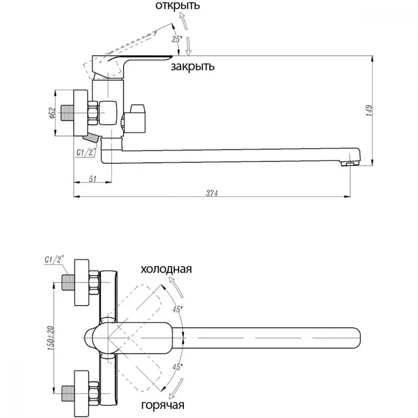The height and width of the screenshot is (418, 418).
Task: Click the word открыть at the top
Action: (178, 5)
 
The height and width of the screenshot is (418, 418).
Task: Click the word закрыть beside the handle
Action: (192, 66)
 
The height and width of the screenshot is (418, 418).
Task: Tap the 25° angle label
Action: (177, 39)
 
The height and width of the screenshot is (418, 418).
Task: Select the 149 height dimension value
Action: (369, 110)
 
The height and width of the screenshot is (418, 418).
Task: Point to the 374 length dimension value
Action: (212, 193)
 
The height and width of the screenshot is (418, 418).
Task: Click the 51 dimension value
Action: (92, 179)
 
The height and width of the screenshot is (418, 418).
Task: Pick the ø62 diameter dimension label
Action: (53, 113)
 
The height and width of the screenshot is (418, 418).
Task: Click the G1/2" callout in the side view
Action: (86, 153)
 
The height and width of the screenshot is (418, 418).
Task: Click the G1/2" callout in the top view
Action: (54, 260)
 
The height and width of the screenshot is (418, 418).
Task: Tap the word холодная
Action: (166, 269)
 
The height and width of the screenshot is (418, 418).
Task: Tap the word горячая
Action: (163, 405)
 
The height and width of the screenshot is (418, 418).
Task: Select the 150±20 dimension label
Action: (51, 338)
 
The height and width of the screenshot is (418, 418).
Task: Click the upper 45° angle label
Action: (177, 309)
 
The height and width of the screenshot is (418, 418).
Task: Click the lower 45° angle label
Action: (177, 367)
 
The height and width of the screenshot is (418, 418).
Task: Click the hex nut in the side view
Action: (93, 113)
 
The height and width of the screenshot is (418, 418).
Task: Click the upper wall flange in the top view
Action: (82, 282)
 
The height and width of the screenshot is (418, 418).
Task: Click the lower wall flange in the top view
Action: (82, 393)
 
